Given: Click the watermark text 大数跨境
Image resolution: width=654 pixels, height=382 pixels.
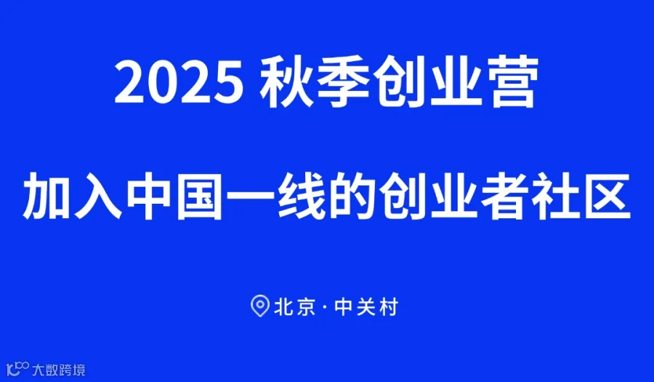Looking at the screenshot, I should (x=59, y=370).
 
